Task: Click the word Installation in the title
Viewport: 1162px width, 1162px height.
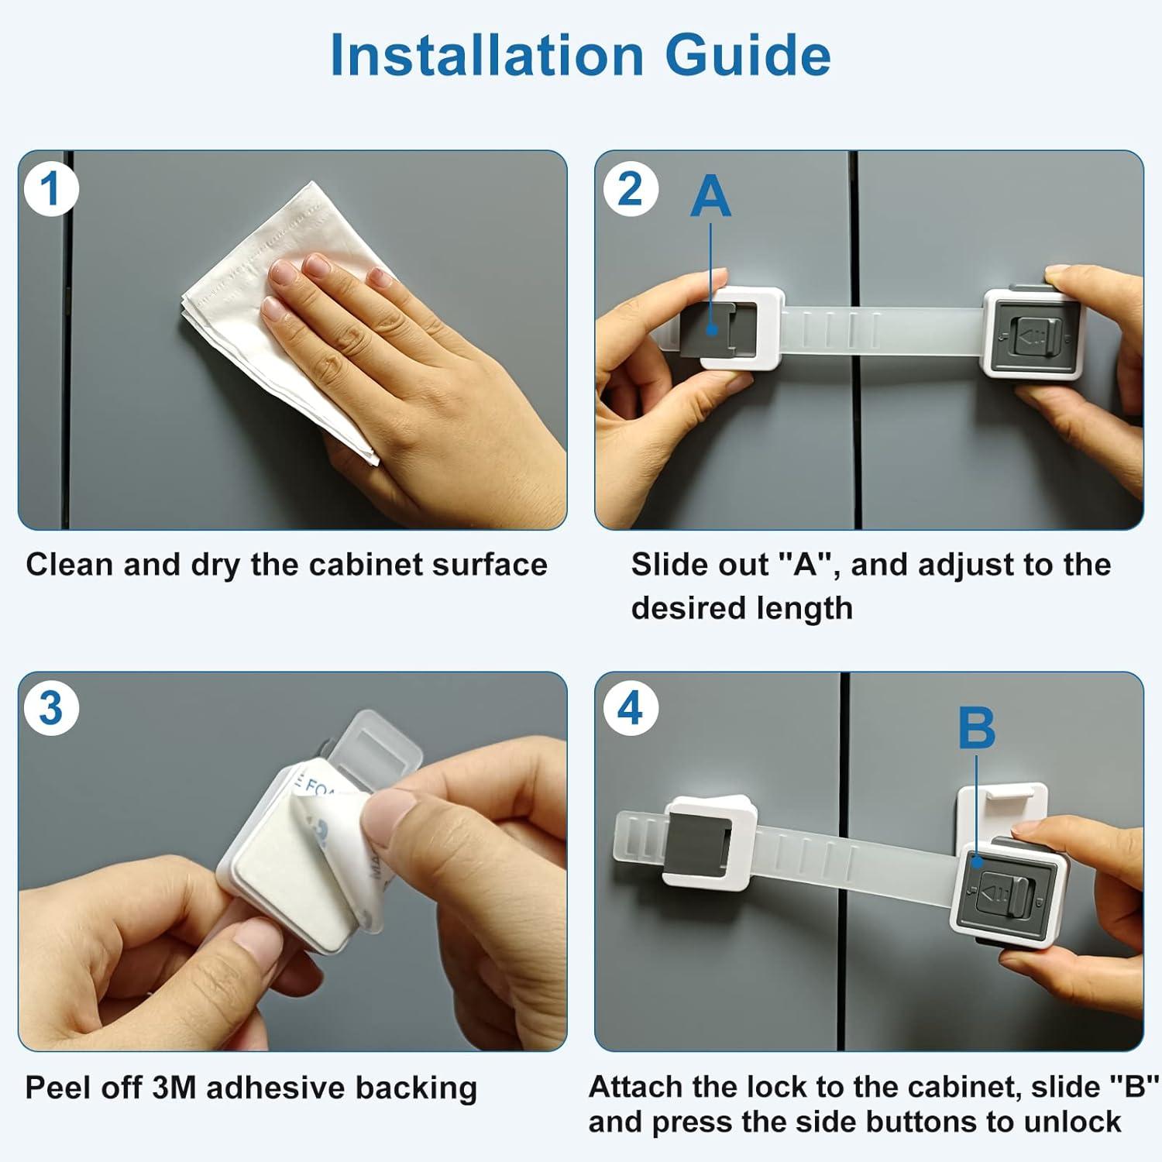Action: tap(486, 56)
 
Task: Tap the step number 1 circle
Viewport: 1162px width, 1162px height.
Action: tap(51, 189)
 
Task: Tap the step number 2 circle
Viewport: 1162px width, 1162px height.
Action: tap(630, 189)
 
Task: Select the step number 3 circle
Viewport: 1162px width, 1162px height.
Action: tap(51, 709)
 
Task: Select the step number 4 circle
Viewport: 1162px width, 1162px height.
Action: tap(630, 709)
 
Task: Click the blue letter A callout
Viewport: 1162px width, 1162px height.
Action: tap(710, 197)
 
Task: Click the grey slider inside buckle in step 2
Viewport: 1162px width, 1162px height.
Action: tap(713, 329)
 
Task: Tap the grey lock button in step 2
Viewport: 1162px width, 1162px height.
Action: tap(1032, 335)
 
